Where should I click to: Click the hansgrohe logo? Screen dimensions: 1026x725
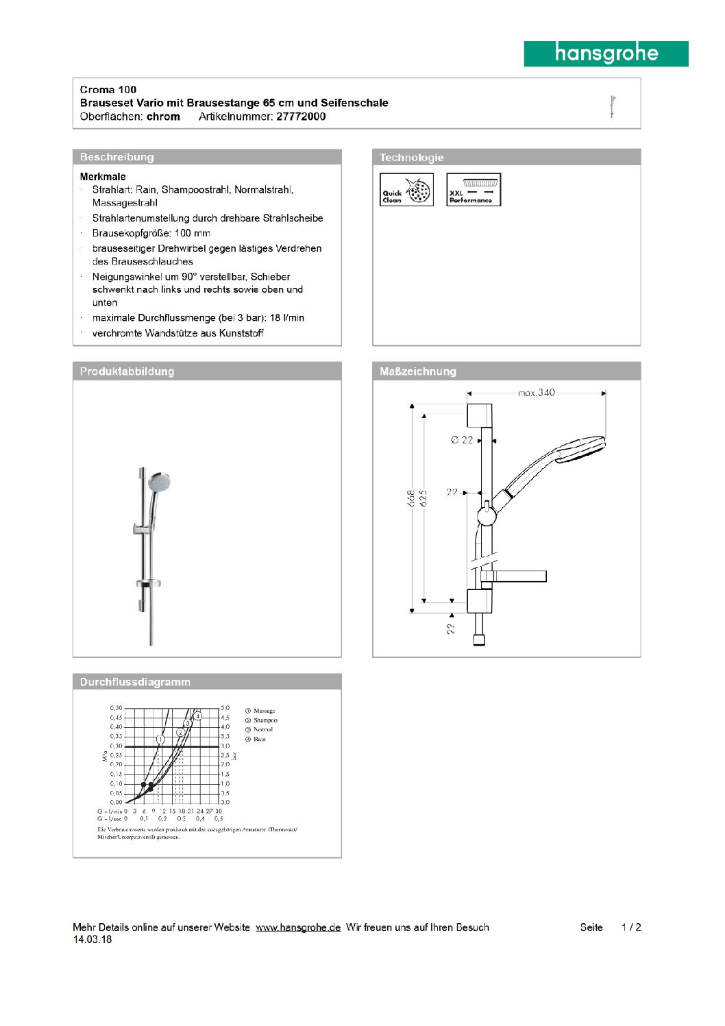pyautogui.click(x=606, y=53)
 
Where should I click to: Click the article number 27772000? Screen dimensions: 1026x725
pyautogui.click(x=301, y=117)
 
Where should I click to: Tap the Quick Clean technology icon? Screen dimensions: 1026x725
pyautogui.click(x=407, y=190)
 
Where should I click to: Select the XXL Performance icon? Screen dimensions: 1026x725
pyautogui.click(x=474, y=190)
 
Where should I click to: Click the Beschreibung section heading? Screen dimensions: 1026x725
pyautogui.click(x=117, y=157)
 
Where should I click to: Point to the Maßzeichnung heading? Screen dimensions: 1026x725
pyautogui.click(x=418, y=371)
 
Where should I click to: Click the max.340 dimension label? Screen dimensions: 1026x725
pyautogui.click(x=537, y=393)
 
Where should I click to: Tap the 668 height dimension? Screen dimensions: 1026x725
pyautogui.click(x=410, y=498)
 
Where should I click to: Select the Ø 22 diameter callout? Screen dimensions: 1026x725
pyautogui.click(x=463, y=440)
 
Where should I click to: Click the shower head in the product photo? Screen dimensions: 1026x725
pyautogui.click(x=160, y=483)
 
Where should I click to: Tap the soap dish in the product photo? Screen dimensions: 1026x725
pyautogui.click(x=149, y=584)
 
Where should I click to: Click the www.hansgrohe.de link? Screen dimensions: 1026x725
pyautogui.click(x=298, y=927)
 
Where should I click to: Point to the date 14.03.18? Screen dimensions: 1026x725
pyautogui.click(x=93, y=940)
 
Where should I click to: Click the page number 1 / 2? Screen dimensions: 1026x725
pyautogui.click(x=631, y=927)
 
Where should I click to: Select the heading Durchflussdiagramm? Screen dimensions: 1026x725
pyautogui.click(x=135, y=682)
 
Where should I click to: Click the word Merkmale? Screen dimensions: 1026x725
pyautogui.click(x=103, y=177)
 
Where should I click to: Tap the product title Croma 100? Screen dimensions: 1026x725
pyautogui.click(x=108, y=90)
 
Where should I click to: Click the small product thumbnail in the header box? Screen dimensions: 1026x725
pyautogui.click(x=613, y=108)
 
